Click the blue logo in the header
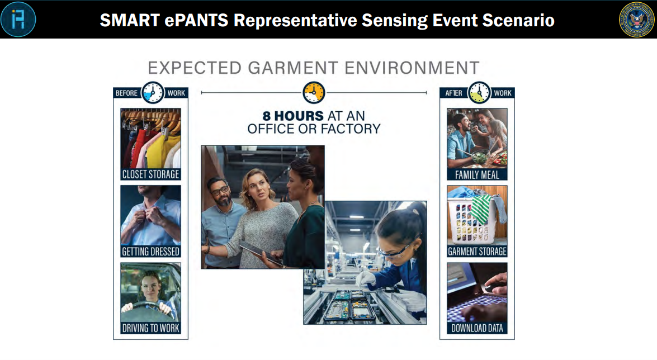18,19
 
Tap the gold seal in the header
636,19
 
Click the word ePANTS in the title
196,20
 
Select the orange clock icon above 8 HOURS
314,93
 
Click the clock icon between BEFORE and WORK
153,93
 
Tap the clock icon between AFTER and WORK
479,93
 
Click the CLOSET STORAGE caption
150,174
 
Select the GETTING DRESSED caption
150,252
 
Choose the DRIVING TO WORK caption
150,328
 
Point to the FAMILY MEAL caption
477,175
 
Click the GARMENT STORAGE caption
477,252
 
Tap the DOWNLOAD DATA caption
477,328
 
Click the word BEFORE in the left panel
126,93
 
